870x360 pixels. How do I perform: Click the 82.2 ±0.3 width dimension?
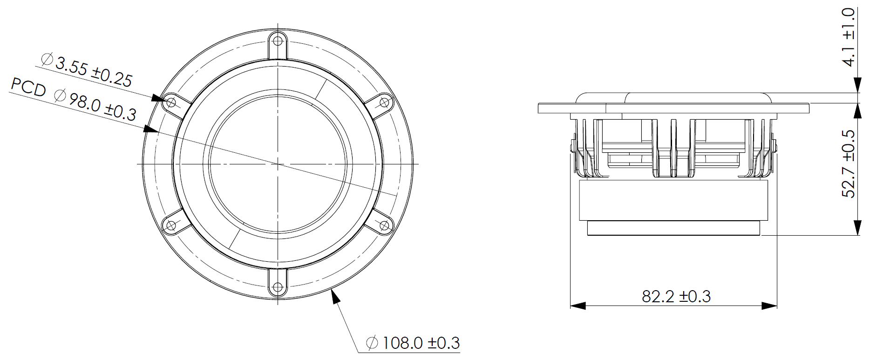tap(676, 297)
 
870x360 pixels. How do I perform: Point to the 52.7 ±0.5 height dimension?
tap(849, 164)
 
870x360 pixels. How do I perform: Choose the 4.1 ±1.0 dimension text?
tap(849, 37)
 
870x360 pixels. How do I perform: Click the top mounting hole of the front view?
tap(278, 41)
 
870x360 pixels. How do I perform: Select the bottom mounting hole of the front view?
tap(278, 287)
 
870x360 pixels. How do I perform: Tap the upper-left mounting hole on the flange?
tap(171, 102)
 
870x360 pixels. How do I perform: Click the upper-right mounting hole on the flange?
tap(385, 102)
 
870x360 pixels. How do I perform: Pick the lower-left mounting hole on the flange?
tap(171, 226)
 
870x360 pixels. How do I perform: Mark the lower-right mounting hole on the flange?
tap(384, 226)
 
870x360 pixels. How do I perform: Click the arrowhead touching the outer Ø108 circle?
tap(333, 297)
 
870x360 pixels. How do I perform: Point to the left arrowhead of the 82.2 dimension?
tap(578, 306)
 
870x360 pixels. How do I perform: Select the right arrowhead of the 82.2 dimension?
tap(769, 306)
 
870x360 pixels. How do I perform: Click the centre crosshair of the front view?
tap(278, 164)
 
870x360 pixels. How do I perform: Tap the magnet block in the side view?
tap(673, 200)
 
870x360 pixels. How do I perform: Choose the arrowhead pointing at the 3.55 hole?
tap(159, 98)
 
